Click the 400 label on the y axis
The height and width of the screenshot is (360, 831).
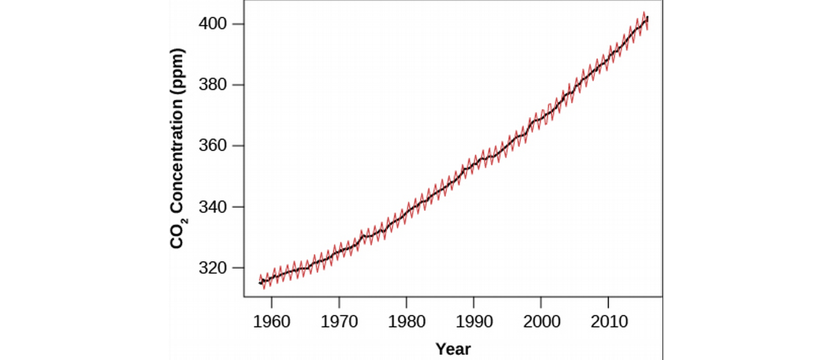tap(212, 24)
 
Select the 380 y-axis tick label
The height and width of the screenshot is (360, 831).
tap(212, 85)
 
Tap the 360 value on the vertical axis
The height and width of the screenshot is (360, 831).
tap(212, 145)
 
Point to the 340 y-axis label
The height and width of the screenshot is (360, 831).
tap(212, 207)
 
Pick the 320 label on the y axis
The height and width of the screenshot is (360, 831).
tap(212, 268)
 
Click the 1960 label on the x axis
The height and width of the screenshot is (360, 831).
tap(272, 322)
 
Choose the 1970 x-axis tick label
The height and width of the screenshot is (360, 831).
tap(339, 322)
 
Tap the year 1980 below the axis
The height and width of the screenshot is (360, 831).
tap(407, 322)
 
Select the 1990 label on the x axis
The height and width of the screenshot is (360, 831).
tap(474, 322)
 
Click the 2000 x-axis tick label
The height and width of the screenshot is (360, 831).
tap(541, 322)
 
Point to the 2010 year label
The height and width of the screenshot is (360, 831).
tap(609, 322)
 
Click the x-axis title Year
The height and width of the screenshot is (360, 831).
tap(453, 349)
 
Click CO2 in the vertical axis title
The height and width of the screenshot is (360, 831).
tap(178, 233)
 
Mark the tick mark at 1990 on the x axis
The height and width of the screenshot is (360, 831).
tap(474, 302)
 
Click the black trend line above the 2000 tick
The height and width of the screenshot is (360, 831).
tap(541, 118)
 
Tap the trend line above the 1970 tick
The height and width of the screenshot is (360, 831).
tap(339, 252)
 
